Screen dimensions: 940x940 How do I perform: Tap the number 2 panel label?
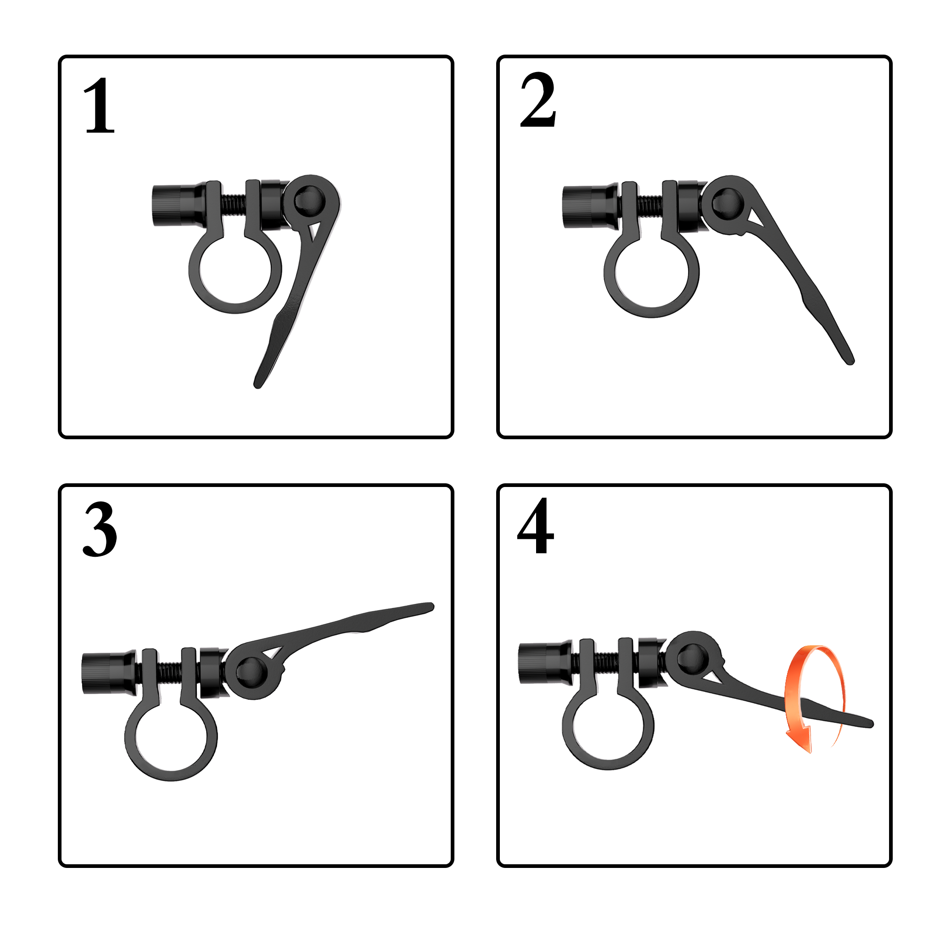point(538,100)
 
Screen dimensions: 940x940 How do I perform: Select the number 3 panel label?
point(100,529)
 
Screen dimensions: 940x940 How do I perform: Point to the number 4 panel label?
point(536,526)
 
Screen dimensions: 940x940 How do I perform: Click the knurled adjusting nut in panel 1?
point(179,205)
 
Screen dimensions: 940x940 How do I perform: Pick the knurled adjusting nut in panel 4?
point(546,663)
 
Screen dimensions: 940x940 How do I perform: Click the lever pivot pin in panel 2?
point(726,203)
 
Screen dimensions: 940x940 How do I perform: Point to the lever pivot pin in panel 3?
point(252,672)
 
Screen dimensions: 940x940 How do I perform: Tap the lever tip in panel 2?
point(850,361)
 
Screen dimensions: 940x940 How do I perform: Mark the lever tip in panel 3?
point(430,607)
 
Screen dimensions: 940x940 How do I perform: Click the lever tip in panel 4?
point(870,724)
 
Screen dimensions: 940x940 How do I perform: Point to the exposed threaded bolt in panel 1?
point(234,204)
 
